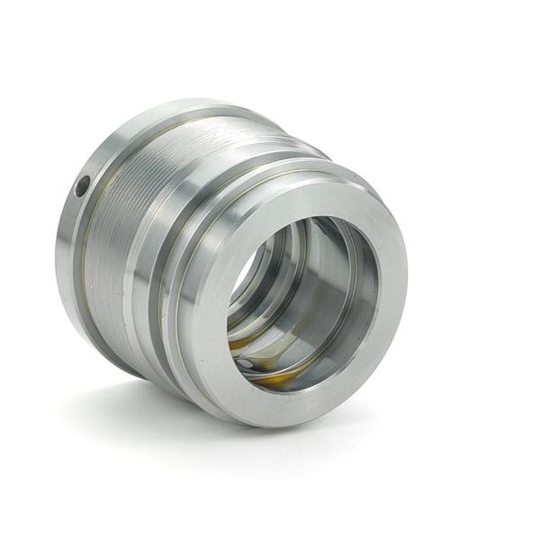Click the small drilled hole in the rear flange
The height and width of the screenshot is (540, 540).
tap(81, 187)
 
